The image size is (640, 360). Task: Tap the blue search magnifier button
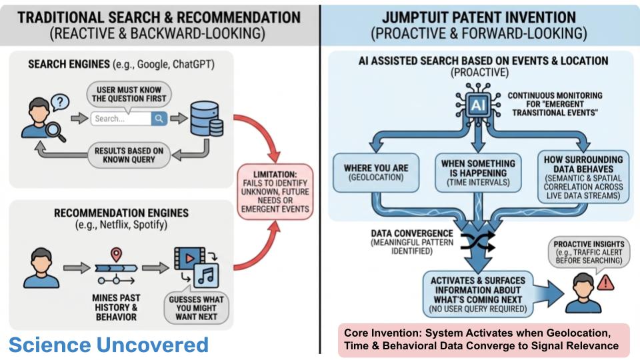(x=159, y=119)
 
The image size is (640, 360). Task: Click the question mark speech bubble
(x=61, y=102)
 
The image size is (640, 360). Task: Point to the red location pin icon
(x=116, y=254)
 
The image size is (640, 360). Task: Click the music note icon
(x=205, y=275)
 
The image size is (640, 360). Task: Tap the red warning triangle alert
(x=605, y=284)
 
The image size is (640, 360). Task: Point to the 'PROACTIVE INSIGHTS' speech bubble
(x=589, y=250)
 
